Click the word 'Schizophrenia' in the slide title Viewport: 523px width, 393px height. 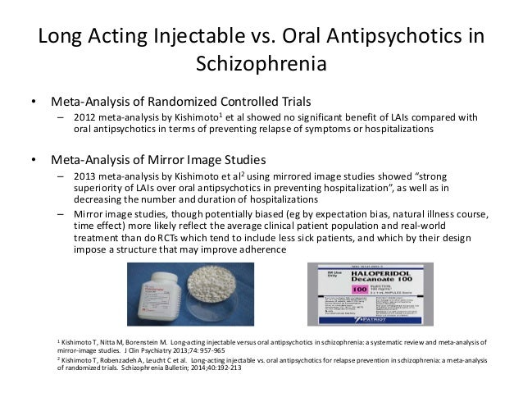pyautogui.click(x=261, y=63)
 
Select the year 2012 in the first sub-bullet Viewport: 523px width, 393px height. pyautogui.click(x=85, y=117)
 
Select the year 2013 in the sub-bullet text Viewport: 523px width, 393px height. pyautogui.click(x=85, y=176)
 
